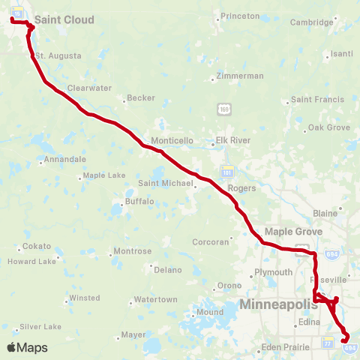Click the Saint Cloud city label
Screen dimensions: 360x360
[64, 20]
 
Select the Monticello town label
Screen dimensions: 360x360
[172, 140]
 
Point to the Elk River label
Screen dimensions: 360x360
[232, 140]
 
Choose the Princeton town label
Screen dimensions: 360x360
[240, 16]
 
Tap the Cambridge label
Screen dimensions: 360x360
[311, 22]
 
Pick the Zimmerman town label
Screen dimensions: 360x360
[239, 76]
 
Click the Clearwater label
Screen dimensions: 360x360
[89, 88]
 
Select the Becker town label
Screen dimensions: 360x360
[141, 98]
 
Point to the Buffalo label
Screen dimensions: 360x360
[139, 201]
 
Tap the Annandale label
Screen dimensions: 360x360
[64, 160]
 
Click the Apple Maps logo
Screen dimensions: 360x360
[26, 347]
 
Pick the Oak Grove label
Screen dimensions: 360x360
[329, 127]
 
